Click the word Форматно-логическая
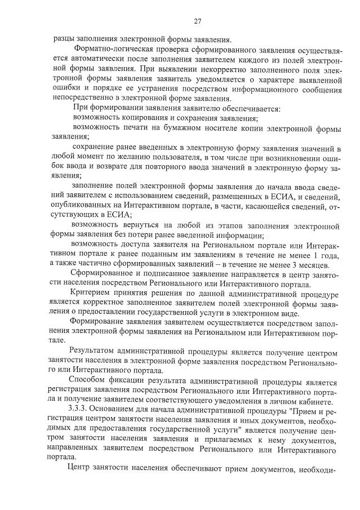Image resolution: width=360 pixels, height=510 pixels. tap(107, 49)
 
